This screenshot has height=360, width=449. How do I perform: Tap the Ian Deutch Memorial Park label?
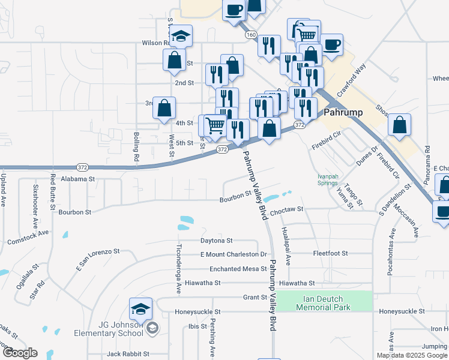pos(323,302)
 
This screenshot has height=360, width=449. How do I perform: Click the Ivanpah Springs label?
pos(327,179)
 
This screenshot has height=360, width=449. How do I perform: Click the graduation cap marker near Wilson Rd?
pos(181,37)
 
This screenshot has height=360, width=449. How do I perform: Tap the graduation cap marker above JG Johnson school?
pos(140,310)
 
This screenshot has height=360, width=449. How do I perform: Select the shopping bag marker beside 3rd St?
pos(164,109)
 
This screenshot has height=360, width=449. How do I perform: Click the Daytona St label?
pos(217,241)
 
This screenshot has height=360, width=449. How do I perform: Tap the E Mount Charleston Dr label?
pos(233,254)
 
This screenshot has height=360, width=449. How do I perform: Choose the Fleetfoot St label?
pos(331,253)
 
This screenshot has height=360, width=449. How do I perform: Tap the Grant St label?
pos(255,297)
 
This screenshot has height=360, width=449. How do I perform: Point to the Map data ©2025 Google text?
pos(412,355)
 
